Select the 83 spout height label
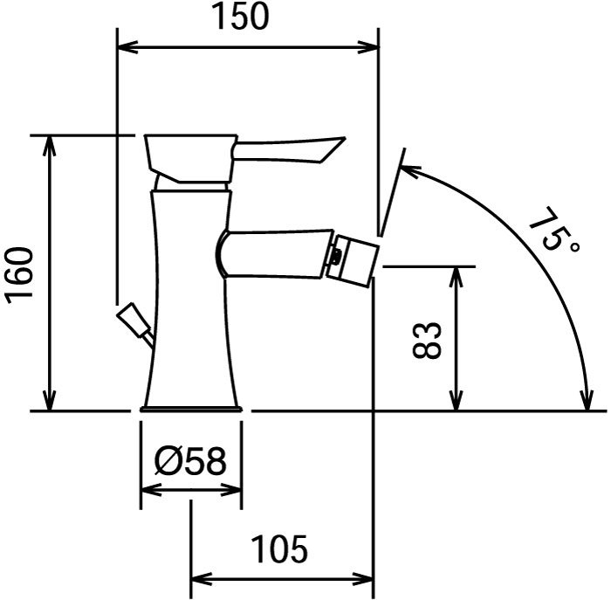428,340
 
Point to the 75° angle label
553,229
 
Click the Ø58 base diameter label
190,461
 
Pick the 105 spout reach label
280,549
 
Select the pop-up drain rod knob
132,319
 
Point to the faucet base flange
191,409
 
